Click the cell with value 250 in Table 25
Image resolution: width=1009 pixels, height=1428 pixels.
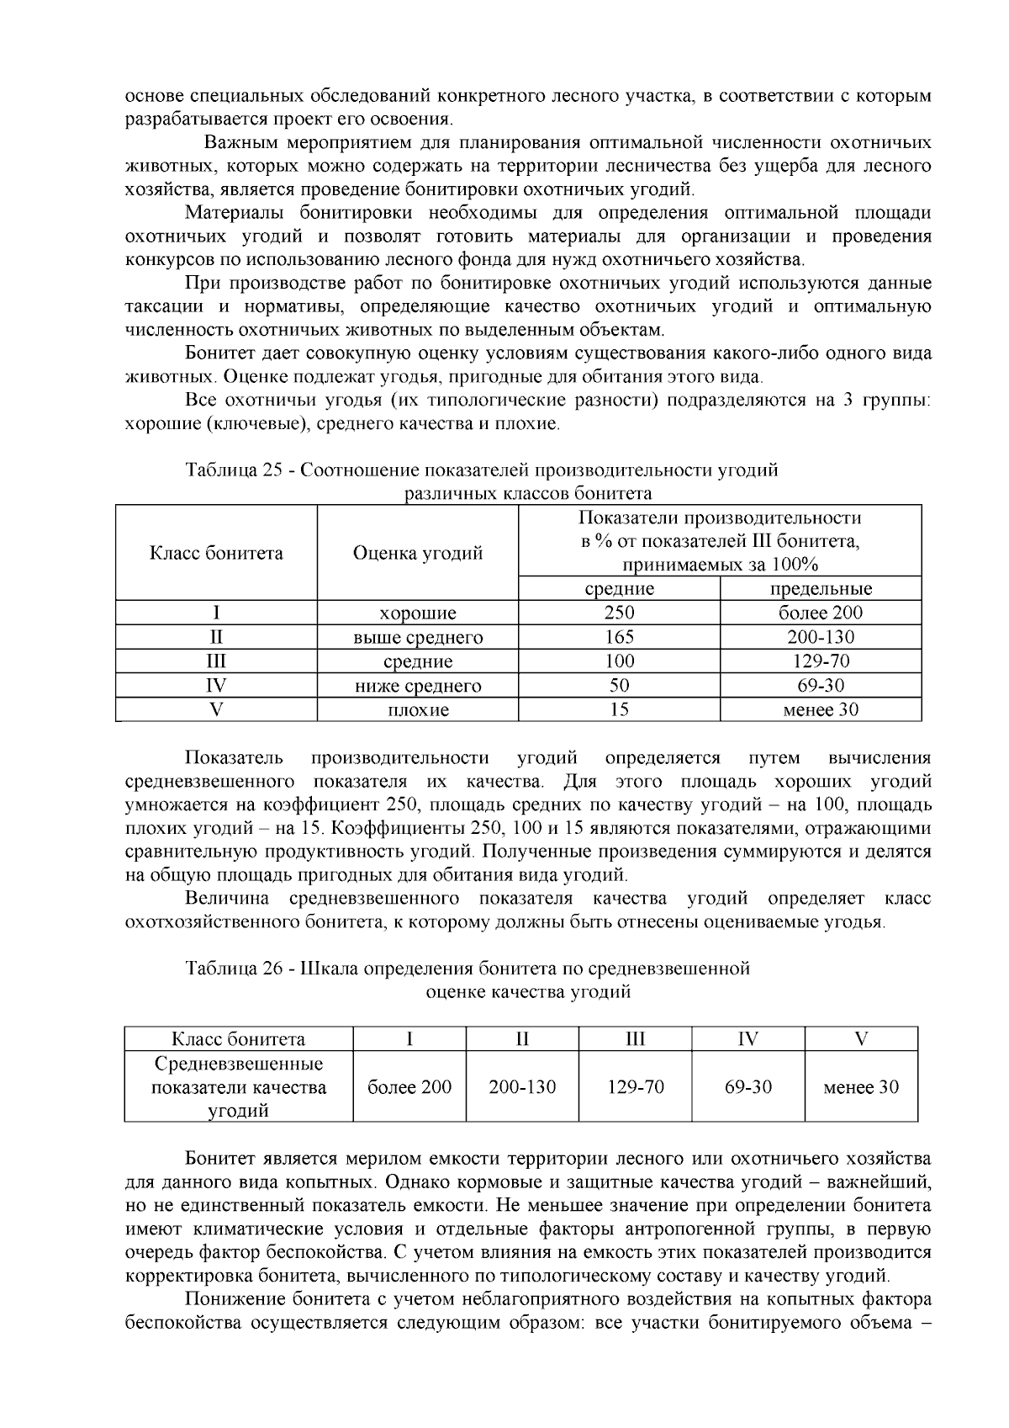[x=619, y=613]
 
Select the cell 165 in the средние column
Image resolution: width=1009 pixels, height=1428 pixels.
[x=619, y=637]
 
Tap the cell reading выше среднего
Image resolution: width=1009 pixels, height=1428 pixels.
[x=417, y=637]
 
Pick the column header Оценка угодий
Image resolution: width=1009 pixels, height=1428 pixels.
[x=417, y=553]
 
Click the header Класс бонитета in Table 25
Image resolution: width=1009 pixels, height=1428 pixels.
[x=216, y=553]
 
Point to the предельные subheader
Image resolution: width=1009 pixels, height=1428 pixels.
[x=821, y=588]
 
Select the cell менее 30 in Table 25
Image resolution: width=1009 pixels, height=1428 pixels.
[x=821, y=709]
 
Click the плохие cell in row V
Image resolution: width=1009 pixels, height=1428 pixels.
[x=417, y=709]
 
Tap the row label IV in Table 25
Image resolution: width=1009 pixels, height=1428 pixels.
[x=216, y=686]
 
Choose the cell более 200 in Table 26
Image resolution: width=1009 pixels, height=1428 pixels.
[x=409, y=1086]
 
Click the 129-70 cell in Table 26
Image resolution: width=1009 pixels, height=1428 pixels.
[x=636, y=1086]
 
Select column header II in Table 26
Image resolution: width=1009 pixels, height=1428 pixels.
[x=522, y=1038]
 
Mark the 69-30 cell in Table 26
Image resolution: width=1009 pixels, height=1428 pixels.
[x=748, y=1086]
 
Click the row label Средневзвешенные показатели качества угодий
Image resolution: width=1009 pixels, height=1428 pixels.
[x=239, y=1086]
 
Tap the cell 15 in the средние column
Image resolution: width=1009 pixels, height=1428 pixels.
[x=619, y=709]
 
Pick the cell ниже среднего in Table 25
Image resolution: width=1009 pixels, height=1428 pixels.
[x=417, y=686]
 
